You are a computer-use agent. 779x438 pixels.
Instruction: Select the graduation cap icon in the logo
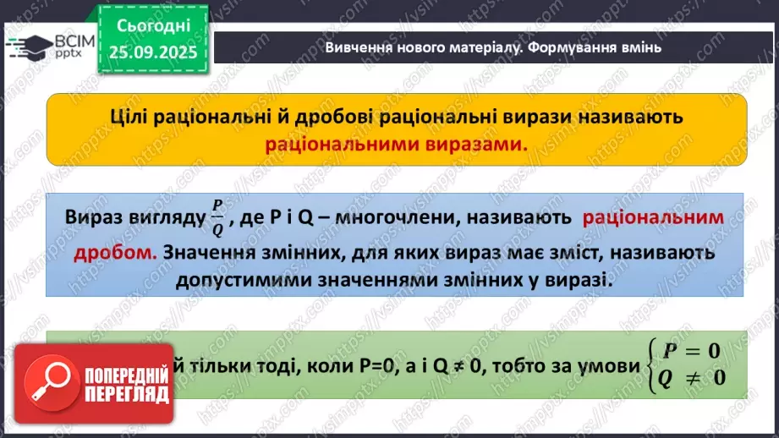28,47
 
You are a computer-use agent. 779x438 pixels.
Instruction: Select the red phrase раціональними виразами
396,144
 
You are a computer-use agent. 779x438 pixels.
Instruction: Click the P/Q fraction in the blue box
217,218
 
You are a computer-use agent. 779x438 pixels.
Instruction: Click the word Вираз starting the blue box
94,218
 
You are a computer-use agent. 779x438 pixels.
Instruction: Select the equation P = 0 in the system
693,351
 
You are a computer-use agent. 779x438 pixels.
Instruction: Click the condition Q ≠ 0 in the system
693,377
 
